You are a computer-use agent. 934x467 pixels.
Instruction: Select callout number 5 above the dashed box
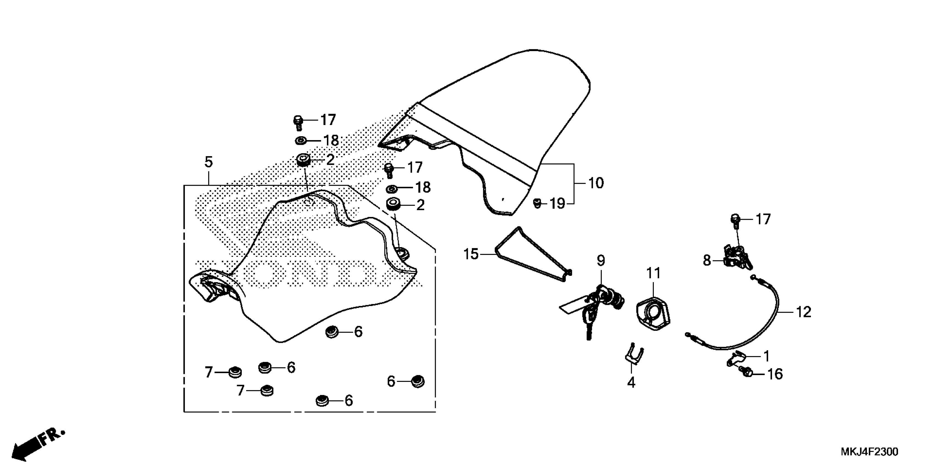click(x=209, y=162)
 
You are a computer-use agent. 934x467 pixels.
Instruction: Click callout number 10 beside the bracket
click(x=596, y=183)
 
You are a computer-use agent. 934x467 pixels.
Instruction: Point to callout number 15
click(x=471, y=254)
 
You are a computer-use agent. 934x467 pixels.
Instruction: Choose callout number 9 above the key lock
click(x=601, y=260)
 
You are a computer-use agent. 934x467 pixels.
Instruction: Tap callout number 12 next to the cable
click(x=804, y=312)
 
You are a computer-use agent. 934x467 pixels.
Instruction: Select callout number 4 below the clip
click(x=631, y=382)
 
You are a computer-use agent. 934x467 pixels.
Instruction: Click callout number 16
click(x=775, y=374)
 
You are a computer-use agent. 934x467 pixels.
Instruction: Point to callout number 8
click(x=707, y=260)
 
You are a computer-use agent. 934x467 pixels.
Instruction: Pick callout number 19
click(x=558, y=204)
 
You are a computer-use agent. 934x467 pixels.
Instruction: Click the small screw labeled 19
click(x=537, y=203)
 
